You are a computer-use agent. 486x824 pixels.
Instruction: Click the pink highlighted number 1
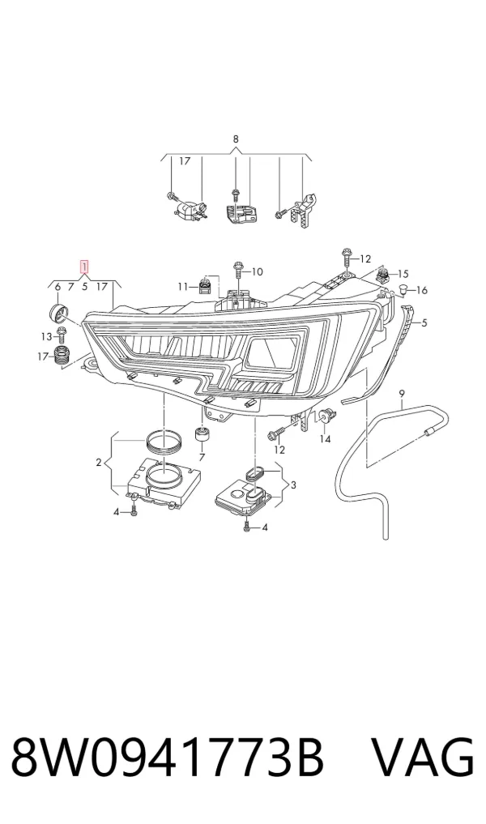[83, 267]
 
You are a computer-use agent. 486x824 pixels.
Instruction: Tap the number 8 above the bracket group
[236, 139]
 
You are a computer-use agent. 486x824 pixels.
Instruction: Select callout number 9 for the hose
[402, 393]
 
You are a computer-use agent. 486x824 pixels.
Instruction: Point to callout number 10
[257, 271]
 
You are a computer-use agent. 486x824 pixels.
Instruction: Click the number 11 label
[182, 286]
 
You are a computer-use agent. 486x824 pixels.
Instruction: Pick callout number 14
[326, 438]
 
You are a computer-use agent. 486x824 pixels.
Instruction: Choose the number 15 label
[403, 274]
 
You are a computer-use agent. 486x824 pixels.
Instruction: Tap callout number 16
[422, 290]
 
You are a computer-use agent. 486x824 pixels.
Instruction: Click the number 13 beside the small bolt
[46, 336]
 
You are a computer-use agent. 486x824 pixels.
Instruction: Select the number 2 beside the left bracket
[98, 463]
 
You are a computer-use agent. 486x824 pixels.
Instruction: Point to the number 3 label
[292, 485]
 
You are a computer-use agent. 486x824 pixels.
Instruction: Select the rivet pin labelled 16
[404, 288]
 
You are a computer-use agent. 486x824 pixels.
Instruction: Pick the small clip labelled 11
[204, 286]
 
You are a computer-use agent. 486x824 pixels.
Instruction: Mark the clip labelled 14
[326, 416]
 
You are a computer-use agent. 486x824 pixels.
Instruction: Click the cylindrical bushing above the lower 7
[202, 435]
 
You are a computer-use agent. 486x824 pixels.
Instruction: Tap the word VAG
[424, 758]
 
